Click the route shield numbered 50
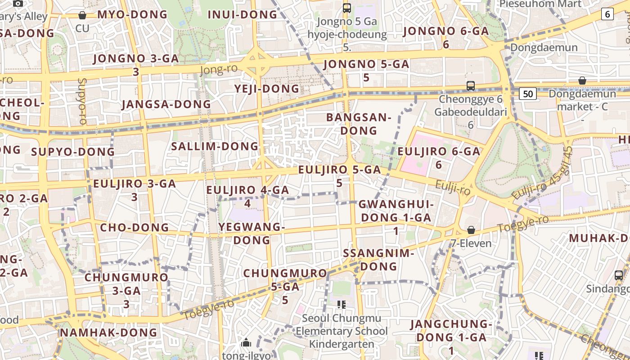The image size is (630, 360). (528, 94)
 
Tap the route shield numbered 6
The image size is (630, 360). (607, 14)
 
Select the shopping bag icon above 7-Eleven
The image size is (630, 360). (471, 230)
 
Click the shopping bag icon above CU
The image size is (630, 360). (82, 15)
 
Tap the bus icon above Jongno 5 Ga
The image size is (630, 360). (346, 8)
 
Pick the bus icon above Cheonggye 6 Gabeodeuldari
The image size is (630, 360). (470, 85)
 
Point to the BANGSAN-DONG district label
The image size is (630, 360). (358, 124)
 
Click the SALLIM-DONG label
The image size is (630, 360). (215, 146)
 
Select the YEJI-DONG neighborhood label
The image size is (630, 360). (266, 89)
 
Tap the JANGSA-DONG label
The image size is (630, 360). (166, 104)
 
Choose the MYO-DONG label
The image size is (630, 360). (132, 14)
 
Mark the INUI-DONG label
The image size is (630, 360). (243, 14)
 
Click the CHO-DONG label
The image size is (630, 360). (134, 227)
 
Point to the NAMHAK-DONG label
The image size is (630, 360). (108, 333)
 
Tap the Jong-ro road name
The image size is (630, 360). (218, 69)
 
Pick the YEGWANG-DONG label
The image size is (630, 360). (252, 233)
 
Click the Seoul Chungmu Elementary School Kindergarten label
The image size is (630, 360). (341, 331)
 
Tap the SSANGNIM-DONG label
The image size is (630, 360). (378, 260)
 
